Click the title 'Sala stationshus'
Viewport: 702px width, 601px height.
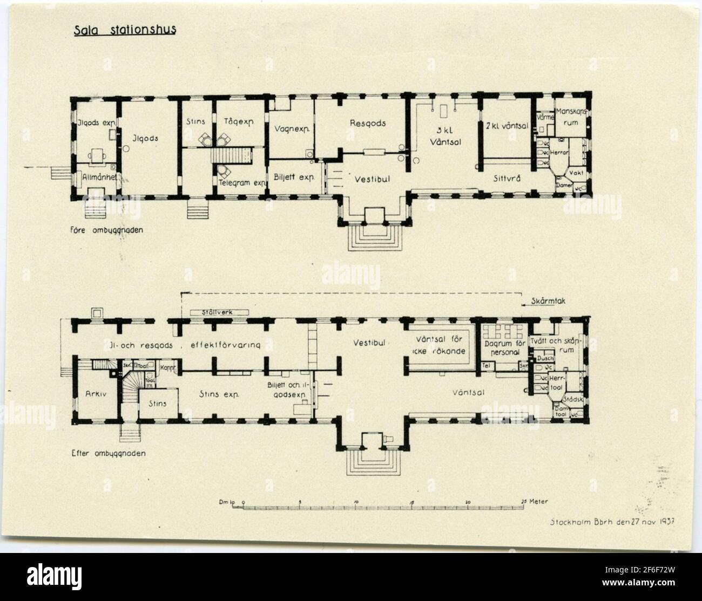[x=125, y=30]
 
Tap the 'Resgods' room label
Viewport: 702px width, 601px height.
[x=368, y=123]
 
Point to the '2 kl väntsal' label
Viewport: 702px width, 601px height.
[x=505, y=122]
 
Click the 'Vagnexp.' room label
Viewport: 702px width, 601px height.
[x=291, y=129]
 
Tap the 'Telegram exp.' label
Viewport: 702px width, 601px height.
[x=243, y=182]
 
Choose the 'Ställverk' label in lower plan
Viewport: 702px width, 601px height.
[x=219, y=312]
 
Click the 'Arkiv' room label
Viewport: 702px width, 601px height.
[x=93, y=394]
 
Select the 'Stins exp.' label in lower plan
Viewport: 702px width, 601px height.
[x=220, y=394]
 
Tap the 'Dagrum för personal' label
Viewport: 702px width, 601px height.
[x=502, y=347]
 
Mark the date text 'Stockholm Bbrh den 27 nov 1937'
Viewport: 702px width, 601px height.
[x=613, y=522]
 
